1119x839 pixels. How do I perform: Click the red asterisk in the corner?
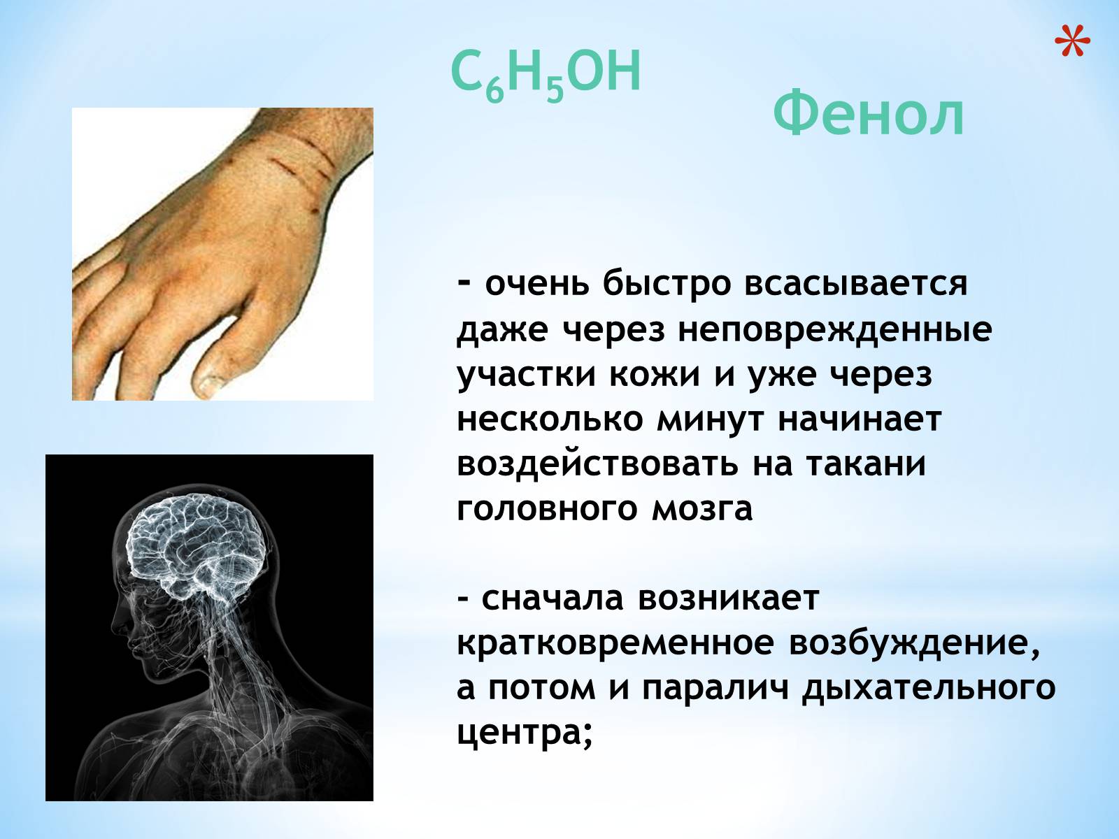[x=1072, y=41]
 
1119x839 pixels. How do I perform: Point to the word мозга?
[x=702, y=510]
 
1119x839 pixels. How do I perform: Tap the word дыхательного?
[x=928, y=689]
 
